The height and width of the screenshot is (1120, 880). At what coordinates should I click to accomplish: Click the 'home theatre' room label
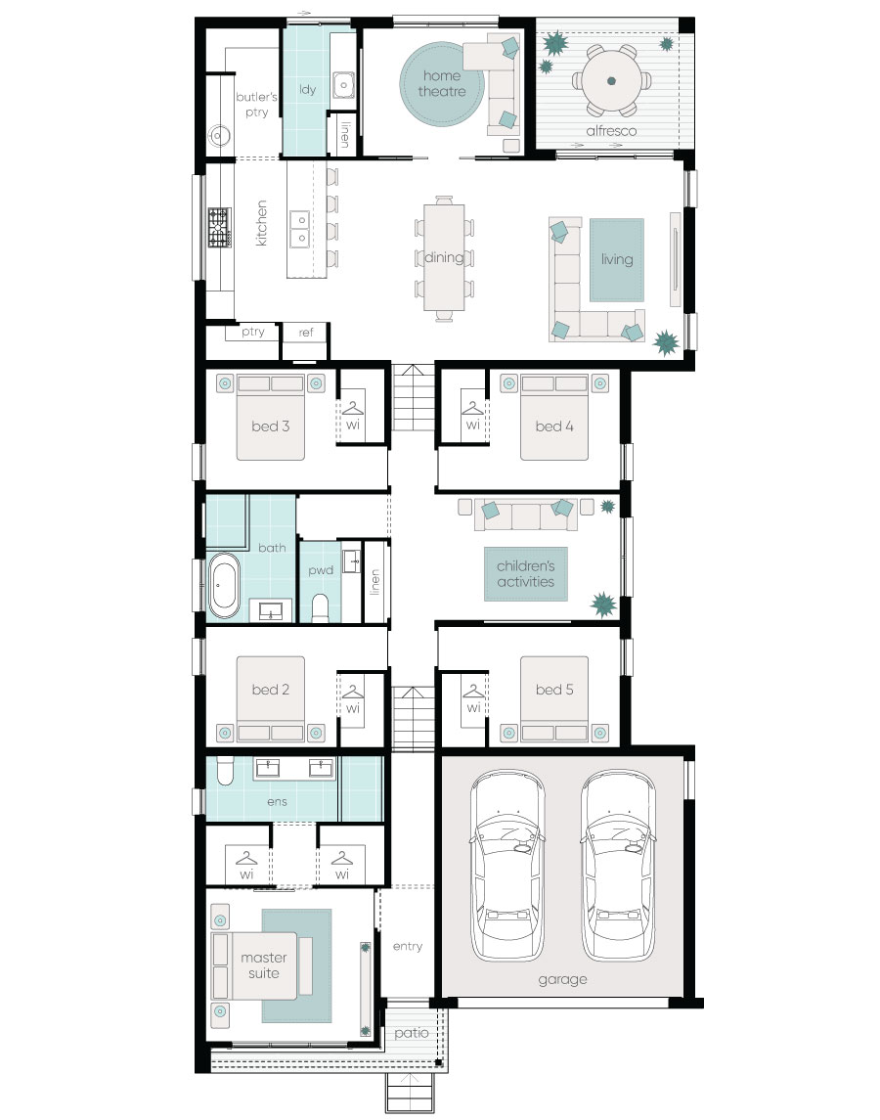point(441,83)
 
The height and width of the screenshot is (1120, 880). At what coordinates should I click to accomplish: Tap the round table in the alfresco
point(611,81)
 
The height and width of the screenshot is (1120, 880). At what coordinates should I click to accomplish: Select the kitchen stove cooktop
point(219,227)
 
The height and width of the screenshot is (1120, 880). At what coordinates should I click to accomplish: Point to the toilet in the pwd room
point(321,607)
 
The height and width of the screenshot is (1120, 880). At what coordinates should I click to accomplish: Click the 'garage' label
point(562,979)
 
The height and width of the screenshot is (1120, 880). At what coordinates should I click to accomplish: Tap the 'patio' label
point(412,1033)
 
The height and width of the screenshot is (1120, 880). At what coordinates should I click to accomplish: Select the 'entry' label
point(407,947)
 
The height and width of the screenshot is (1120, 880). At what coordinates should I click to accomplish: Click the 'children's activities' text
point(526,573)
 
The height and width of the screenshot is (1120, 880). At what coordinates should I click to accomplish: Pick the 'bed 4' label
point(554,426)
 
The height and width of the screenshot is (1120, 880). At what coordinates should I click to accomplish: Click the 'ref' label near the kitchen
point(306,333)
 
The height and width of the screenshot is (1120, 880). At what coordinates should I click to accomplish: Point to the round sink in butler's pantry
point(219,136)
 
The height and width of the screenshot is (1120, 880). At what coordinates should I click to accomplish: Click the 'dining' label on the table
point(444,257)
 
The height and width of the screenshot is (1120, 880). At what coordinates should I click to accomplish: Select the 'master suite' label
point(264,965)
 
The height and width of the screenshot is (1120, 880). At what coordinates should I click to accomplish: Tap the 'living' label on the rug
point(616,259)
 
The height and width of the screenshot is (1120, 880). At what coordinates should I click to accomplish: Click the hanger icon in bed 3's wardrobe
point(353,408)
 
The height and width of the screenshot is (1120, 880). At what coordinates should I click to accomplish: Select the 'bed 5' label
point(554,690)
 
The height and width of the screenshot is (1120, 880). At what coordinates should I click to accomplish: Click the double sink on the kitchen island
point(299,229)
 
